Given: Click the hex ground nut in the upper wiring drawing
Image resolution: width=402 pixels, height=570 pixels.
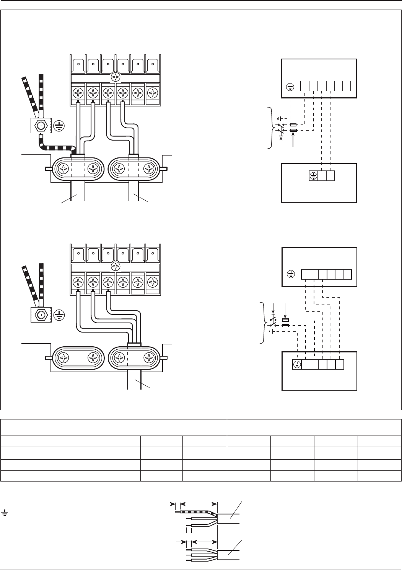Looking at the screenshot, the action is click(41, 125).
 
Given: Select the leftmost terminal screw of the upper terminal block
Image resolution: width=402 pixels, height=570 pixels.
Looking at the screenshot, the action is click(79, 93).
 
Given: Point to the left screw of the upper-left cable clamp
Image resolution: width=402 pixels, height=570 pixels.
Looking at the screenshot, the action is click(63, 169).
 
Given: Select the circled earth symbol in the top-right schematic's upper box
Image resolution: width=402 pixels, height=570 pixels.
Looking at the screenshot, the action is click(290, 87).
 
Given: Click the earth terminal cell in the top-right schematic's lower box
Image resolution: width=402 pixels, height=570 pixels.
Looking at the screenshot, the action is click(313, 176).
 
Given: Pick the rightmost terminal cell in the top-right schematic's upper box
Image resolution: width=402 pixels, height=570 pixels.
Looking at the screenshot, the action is click(347, 86).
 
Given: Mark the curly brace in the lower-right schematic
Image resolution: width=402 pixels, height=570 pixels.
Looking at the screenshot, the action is click(262, 323).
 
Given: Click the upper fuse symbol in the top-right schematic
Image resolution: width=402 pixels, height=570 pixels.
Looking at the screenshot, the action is click(293, 125).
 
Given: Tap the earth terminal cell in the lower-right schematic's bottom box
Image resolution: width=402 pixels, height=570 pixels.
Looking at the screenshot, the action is click(297, 364).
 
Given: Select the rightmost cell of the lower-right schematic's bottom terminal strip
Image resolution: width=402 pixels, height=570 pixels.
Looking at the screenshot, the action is click(340, 364).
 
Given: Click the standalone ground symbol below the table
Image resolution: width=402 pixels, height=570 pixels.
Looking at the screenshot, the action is click(5, 512).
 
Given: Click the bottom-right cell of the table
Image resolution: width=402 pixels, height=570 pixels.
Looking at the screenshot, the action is click(379, 476).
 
